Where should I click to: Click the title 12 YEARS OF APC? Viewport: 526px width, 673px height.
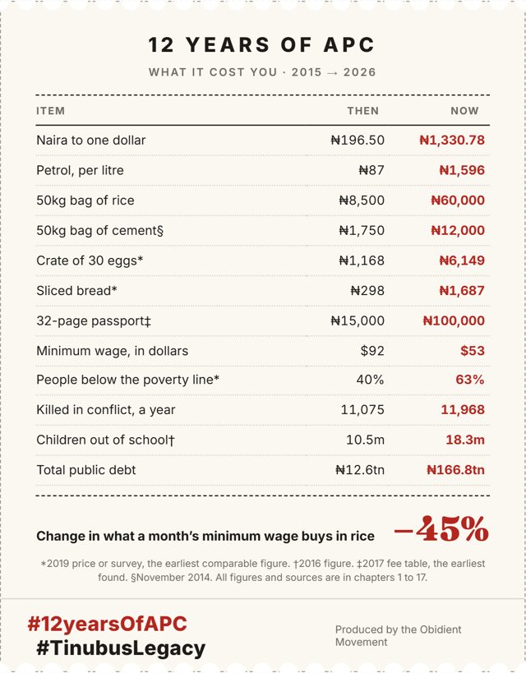pyautogui.click(x=261, y=45)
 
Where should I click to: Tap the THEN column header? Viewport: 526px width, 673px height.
pyautogui.click(x=362, y=111)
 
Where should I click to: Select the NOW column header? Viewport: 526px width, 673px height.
pyautogui.click(x=464, y=111)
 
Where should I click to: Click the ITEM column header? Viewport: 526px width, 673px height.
pyautogui.click(x=50, y=111)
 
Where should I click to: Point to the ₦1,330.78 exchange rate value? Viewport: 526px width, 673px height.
pyautogui.click(x=452, y=140)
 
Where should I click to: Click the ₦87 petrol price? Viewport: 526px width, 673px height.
pyautogui.click(x=371, y=170)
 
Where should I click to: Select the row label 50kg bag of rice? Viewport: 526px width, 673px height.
pyautogui.click(x=85, y=201)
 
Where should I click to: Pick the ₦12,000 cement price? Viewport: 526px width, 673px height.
pyautogui.click(x=458, y=230)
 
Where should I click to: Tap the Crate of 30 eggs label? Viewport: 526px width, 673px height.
pyautogui.click(x=90, y=260)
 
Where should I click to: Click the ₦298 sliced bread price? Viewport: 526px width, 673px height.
pyautogui.click(x=367, y=291)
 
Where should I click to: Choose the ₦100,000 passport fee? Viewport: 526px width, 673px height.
pyautogui.click(x=454, y=320)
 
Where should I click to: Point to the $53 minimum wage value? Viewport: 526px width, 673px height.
pyautogui.click(x=473, y=351)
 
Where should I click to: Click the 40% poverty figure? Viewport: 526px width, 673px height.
pyautogui.click(x=370, y=380)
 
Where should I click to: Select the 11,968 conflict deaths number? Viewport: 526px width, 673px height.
pyautogui.click(x=463, y=410)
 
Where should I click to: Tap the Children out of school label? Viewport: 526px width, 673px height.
pyautogui.click(x=105, y=440)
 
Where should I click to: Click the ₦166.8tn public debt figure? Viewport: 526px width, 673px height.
pyautogui.click(x=455, y=469)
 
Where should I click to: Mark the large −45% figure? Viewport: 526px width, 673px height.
pyautogui.click(x=441, y=528)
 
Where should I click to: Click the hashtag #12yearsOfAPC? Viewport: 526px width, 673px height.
pyautogui.click(x=108, y=624)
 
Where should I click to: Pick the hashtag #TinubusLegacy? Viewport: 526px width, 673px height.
pyautogui.click(x=121, y=648)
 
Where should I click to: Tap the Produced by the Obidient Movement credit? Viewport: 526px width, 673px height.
pyautogui.click(x=398, y=636)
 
